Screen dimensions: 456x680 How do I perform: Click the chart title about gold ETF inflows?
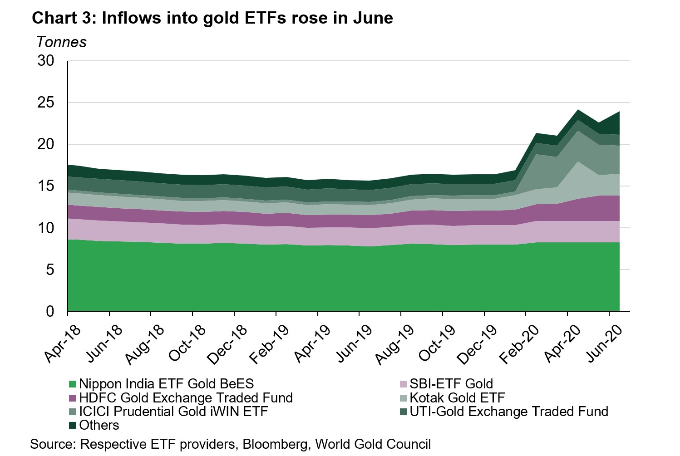pos(212,18)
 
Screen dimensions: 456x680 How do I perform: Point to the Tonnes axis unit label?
pos(61,42)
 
